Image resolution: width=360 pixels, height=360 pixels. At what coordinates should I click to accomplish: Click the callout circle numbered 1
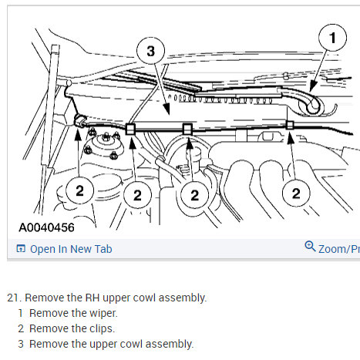pyautogui.click(x=332, y=38)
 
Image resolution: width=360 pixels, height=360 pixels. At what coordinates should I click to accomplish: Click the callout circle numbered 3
pyautogui.click(x=150, y=51)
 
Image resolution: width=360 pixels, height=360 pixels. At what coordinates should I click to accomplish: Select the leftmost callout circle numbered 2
pyautogui.click(x=79, y=191)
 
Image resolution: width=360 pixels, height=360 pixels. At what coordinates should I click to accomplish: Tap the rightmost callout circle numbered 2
pyautogui.click(x=296, y=193)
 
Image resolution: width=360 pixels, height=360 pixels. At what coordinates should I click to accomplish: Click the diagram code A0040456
pyautogui.click(x=46, y=227)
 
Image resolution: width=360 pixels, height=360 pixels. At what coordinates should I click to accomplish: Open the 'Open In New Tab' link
pyautogui.click(x=71, y=249)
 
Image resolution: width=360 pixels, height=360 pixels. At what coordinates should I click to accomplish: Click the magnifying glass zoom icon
pyautogui.click(x=310, y=246)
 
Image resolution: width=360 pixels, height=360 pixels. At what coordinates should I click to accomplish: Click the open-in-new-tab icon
pyautogui.click(x=21, y=249)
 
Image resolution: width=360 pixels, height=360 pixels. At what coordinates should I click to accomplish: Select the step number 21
pyautogui.click(x=14, y=298)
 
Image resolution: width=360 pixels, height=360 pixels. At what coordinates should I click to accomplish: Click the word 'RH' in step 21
pyautogui.click(x=93, y=298)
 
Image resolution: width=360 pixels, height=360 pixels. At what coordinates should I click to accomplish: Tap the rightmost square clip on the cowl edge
pyautogui.click(x=290, y=125)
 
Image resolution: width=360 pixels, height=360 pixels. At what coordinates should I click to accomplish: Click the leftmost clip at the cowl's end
pyautogui.click(x=80, y=121)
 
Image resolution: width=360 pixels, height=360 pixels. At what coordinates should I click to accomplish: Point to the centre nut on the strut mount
pyautogui.click(x=106, y=137)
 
